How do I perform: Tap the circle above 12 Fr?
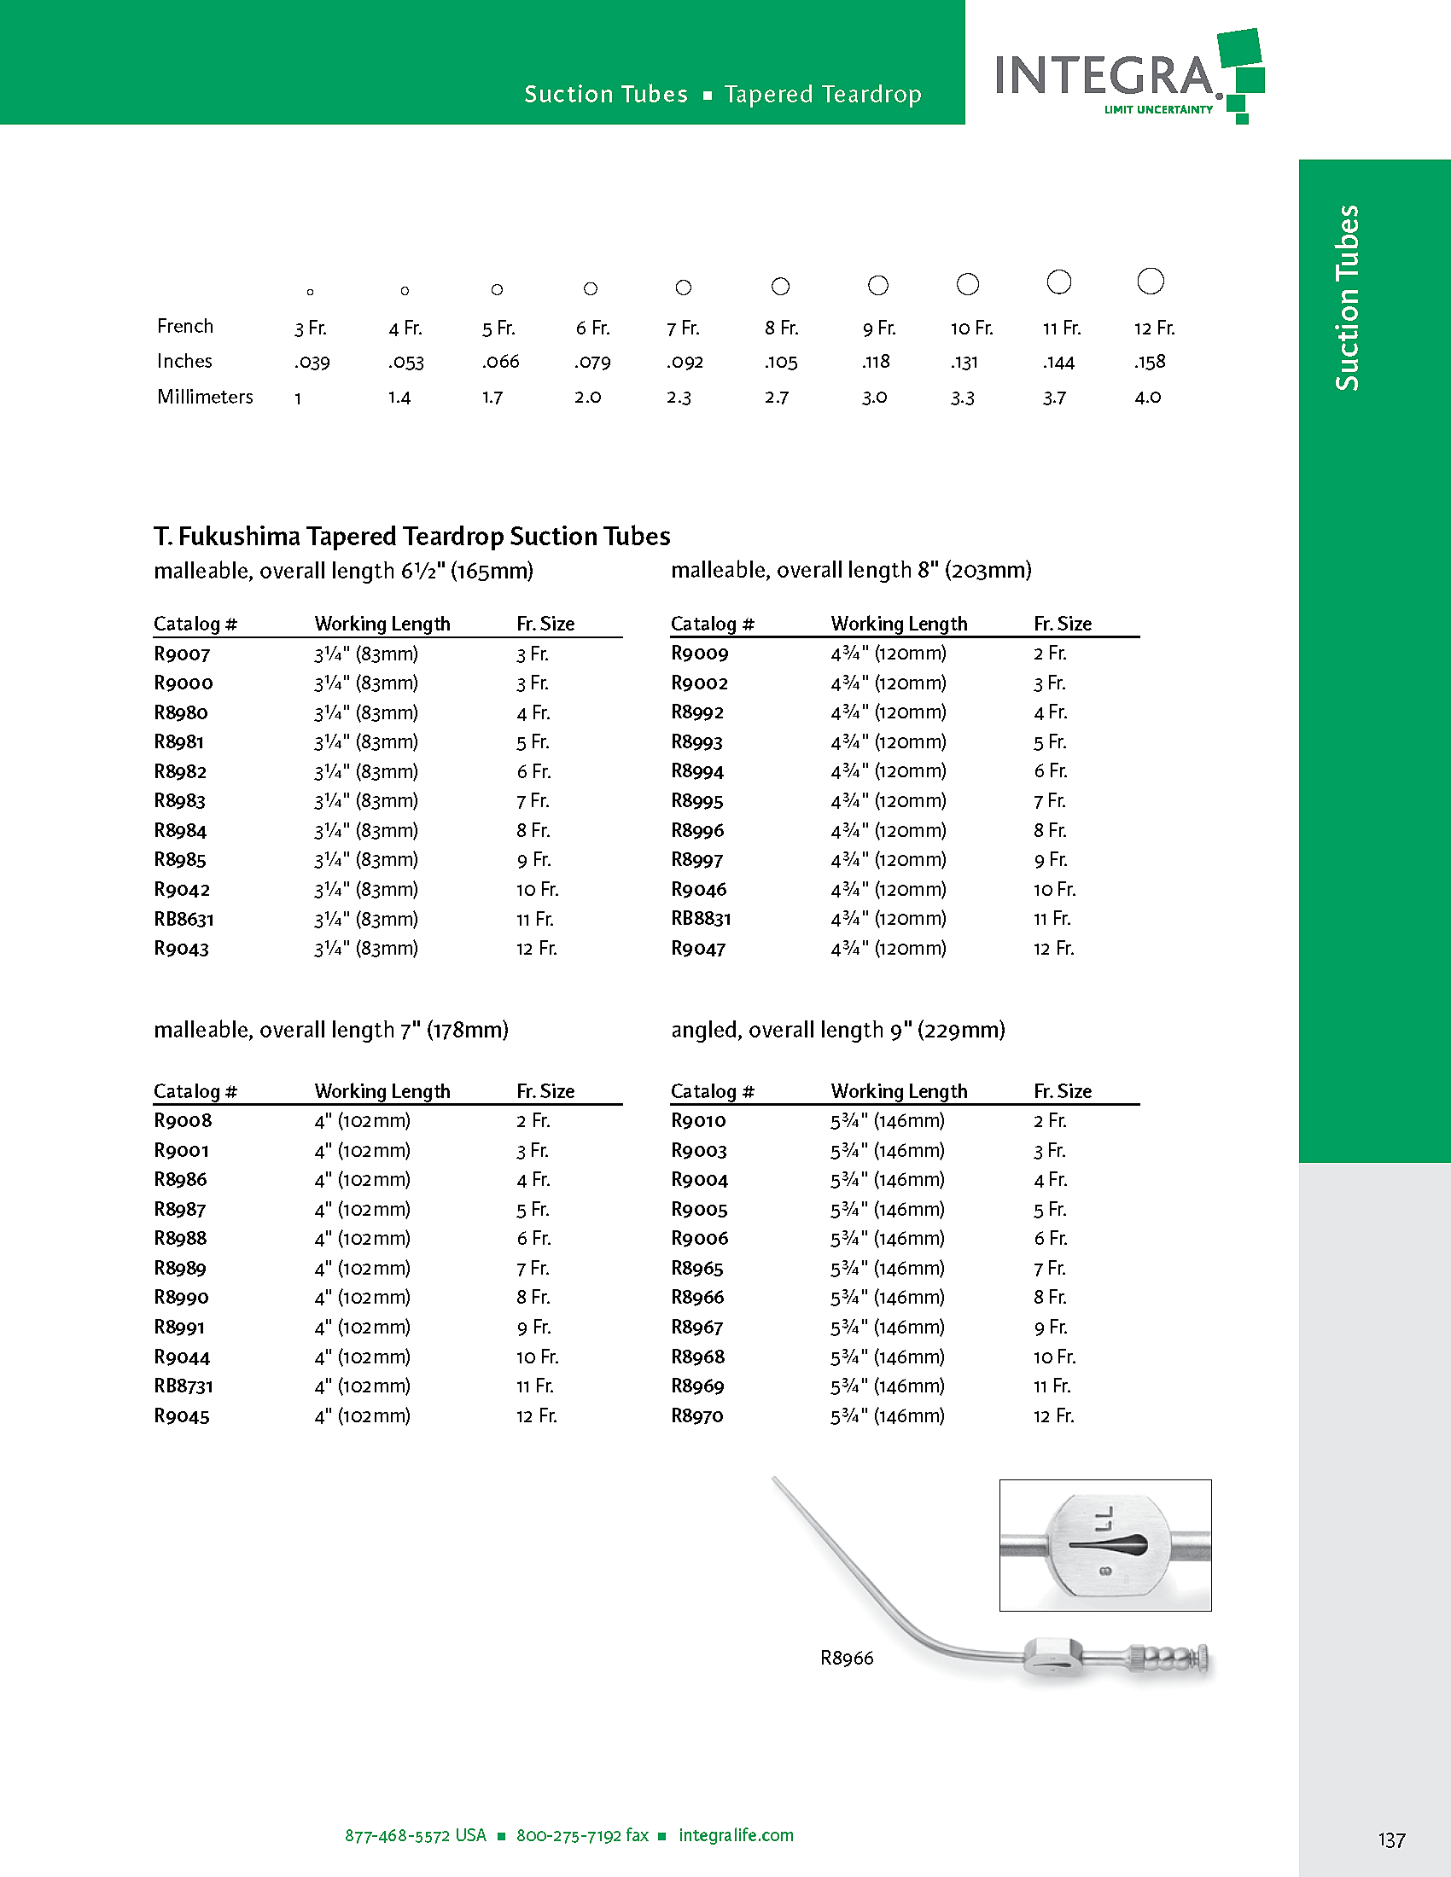click(x=1151, y=281)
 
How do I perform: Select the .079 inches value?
click(x=592, y=362)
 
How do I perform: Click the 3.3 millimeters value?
click(x=962, y=398)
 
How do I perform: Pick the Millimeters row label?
click(x=205, y=397)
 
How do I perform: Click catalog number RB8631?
click(x=184, y=919)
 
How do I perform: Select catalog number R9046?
click(x=699, y=890)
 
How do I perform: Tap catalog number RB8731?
click(x=184, y=1386)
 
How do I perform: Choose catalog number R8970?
click(x=697, y=1415)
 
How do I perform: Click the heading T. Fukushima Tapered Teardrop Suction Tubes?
click(x=411, y=537)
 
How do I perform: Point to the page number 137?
click(x=1392, y=1840)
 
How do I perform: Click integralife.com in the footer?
click(x=736, y=1835)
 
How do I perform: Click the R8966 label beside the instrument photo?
click(x=847, y=1658)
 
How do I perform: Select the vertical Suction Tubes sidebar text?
click(x=1347, y=298)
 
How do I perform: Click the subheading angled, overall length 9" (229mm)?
click(x=838, y=1030)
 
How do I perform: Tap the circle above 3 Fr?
click(x=311, y=292)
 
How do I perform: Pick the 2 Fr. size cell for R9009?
click(x=1050, y=654)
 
